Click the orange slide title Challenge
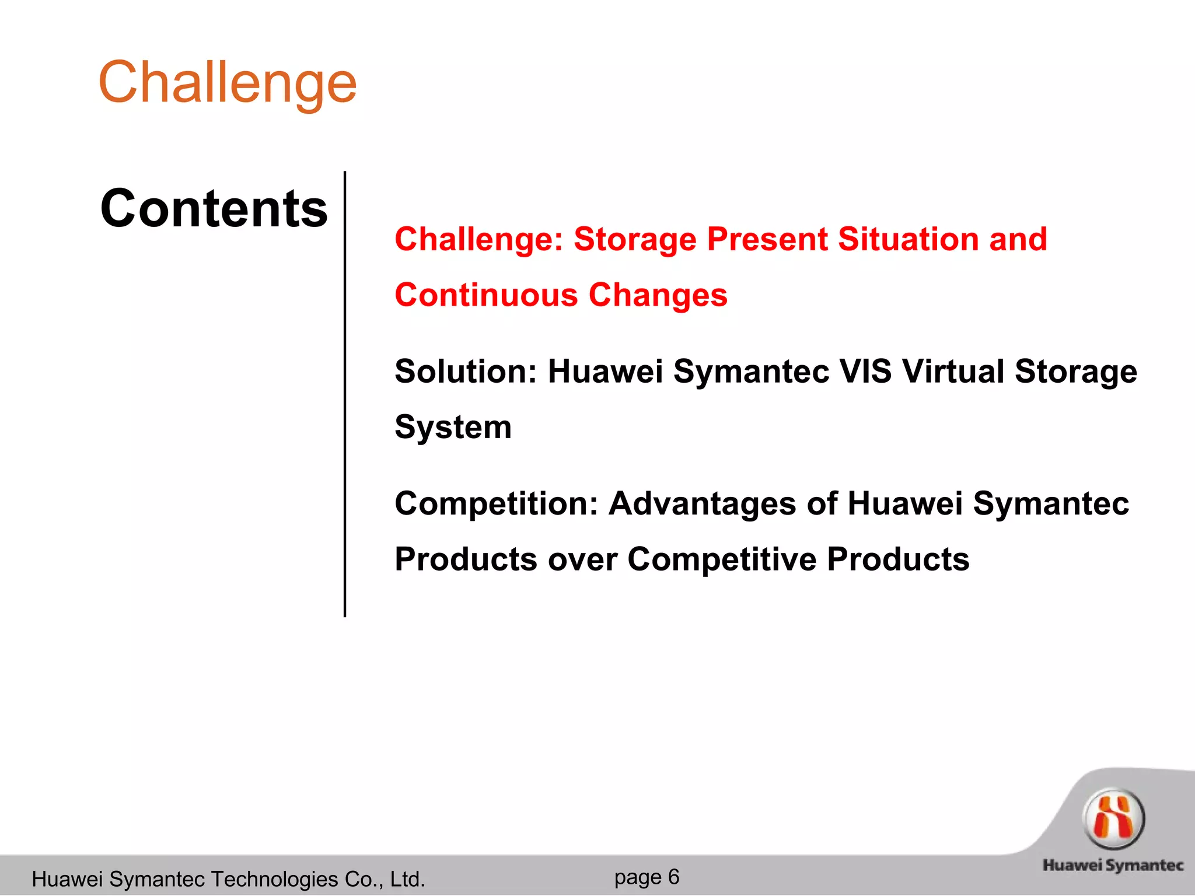(228, 83)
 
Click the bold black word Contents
(214, 209)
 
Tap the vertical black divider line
(345, 394)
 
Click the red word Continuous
(486, 295)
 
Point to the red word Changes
(658, 295)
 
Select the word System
(453, 428)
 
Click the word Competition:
(497, 503)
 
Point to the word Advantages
(702, 503)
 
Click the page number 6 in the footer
(673, 877)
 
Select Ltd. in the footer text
(408, 879)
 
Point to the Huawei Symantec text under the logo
(1113, 865)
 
